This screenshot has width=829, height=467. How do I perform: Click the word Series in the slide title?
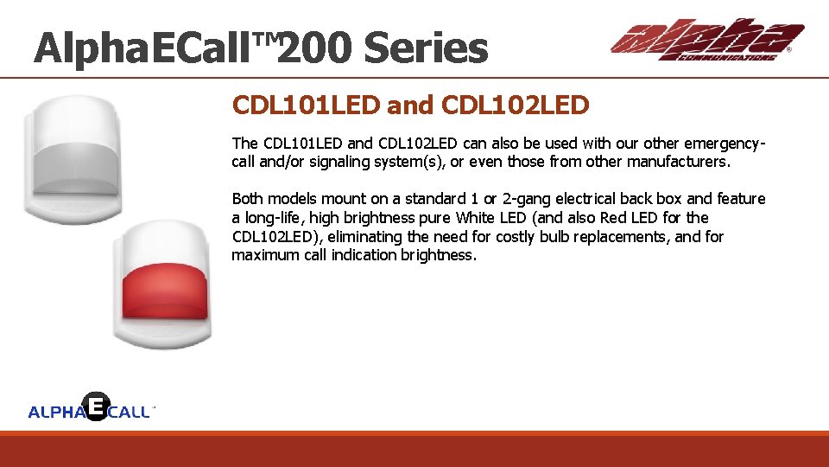click(426, 48)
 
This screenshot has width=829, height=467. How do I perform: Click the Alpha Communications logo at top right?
click(706, 41)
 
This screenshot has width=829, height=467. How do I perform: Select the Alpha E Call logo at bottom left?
click(92, 408)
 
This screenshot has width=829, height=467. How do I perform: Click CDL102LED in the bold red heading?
click(515, 106)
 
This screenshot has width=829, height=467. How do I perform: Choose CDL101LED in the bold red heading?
click(306, 106)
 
